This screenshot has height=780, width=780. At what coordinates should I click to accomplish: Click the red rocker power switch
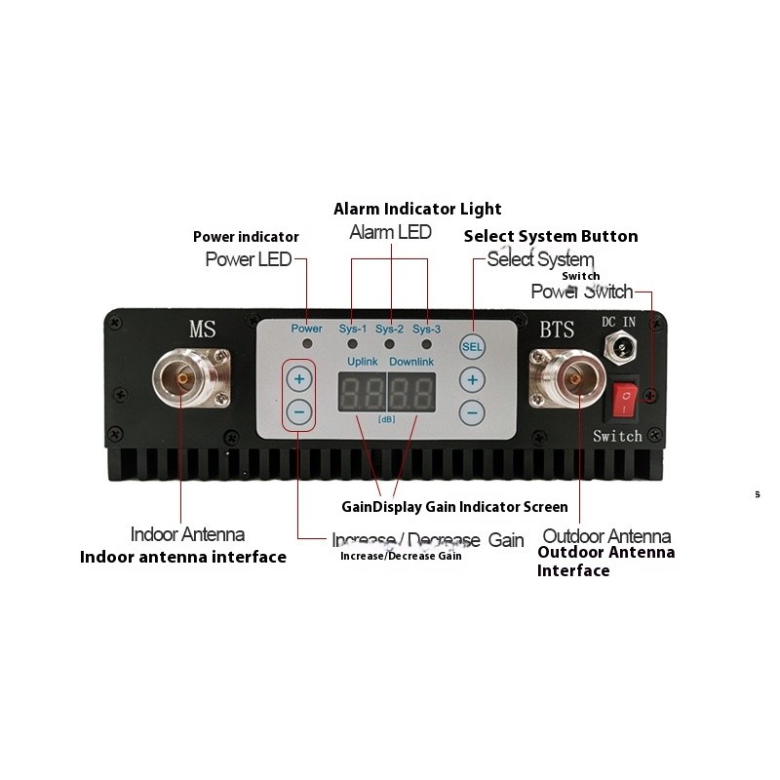[623, 398]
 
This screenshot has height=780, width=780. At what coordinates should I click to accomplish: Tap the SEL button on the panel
[472, 346]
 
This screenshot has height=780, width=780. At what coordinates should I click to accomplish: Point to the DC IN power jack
[618, 345]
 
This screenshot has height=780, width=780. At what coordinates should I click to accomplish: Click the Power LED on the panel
[307, 345]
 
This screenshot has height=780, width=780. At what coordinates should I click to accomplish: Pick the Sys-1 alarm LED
[353, 345]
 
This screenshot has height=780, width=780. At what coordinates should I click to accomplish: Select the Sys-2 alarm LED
[390, 345]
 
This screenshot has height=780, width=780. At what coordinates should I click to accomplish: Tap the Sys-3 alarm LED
[427, 345]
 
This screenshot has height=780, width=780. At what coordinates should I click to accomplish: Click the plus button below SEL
[472, 380]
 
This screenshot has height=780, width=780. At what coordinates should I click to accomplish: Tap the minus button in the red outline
[299, 412]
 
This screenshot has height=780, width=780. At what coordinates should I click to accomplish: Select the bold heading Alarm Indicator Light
[417, 209]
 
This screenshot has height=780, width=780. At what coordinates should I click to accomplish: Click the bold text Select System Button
[551, 236]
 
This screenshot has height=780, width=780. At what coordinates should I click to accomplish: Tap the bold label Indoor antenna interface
[182, 558]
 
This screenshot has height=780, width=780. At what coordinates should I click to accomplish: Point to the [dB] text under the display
[387, 419]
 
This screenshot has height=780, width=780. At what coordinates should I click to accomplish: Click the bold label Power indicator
[246, 237]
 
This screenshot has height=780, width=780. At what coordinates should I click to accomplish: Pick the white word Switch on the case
[617, 436]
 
